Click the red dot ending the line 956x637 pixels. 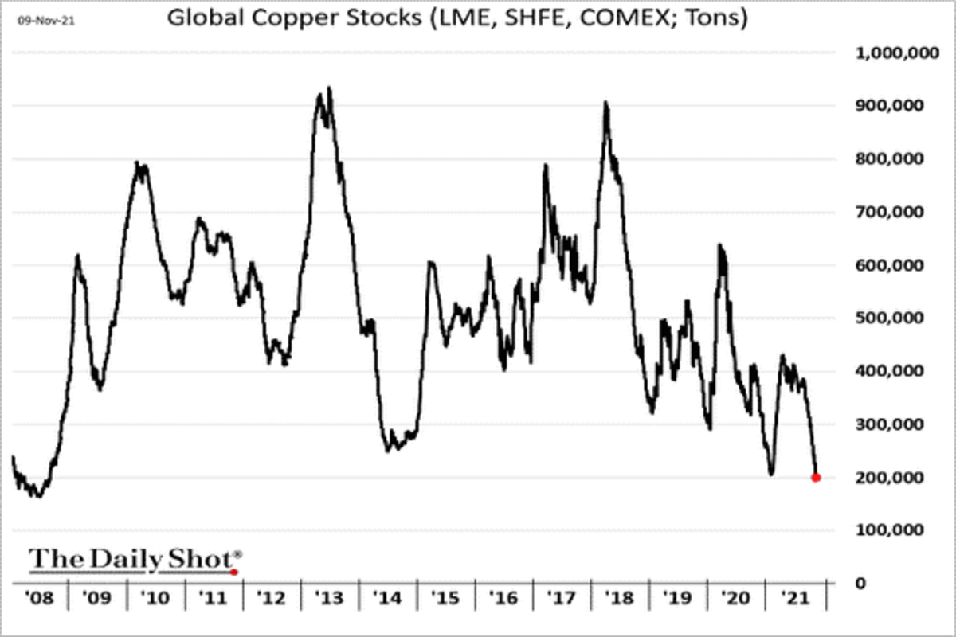(816, 478)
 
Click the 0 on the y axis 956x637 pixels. (862, 583)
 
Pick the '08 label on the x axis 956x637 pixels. (40, 596)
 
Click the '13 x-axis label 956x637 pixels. (329, 596)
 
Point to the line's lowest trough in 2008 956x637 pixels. (37, 497)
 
